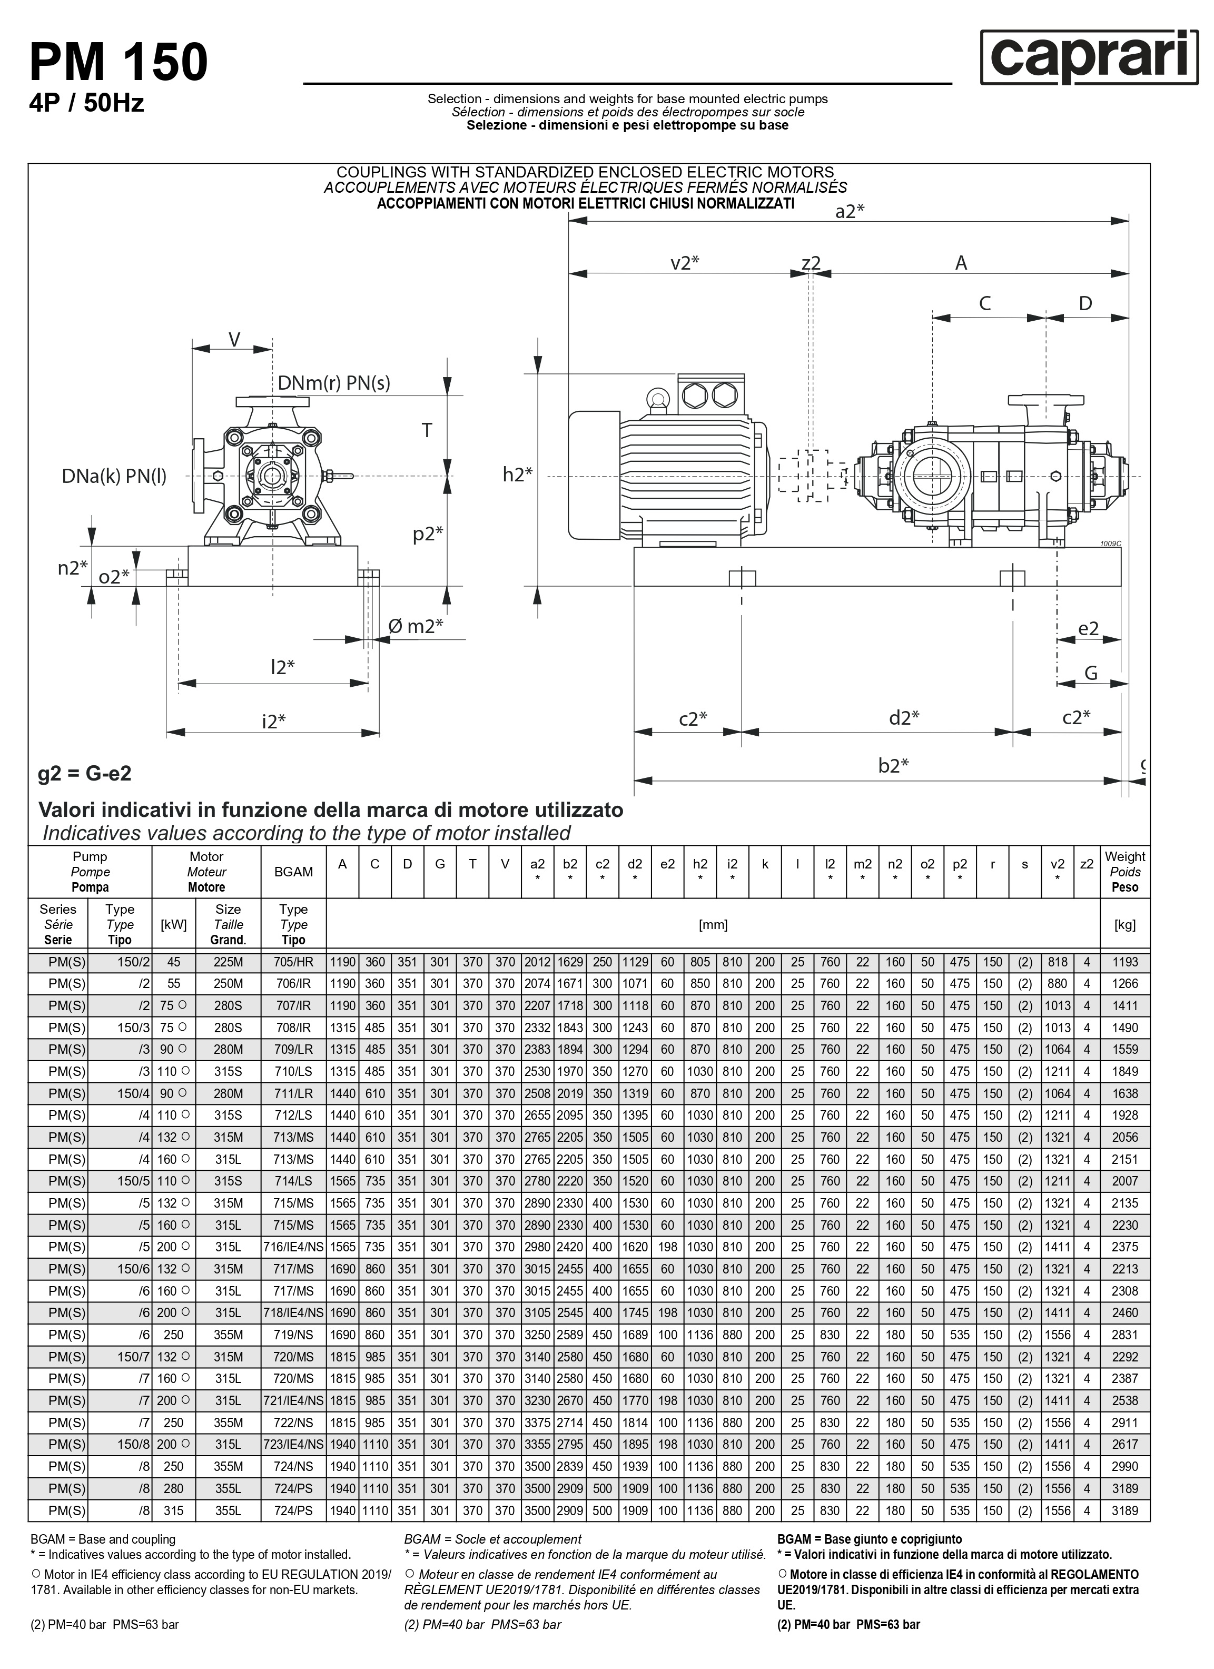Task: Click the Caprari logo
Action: point(1089,57)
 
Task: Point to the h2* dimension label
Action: point(517,475)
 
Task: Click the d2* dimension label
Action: point(903,717)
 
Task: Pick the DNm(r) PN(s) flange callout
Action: point(333,383)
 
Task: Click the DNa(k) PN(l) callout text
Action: point(114,476)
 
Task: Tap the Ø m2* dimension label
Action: point(416,626)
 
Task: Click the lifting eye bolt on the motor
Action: point(656,399)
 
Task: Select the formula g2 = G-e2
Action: point(85,774)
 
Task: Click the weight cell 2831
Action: point(1124,1335)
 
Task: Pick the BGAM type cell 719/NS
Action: point(293,1335)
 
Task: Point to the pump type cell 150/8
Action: point(133,1445)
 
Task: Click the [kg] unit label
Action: point(1124,924)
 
